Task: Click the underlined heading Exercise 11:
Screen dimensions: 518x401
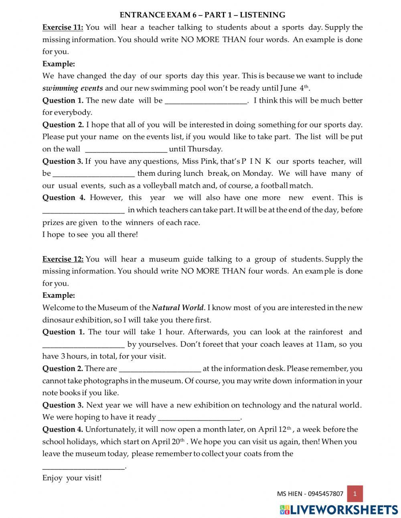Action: coord(63,27)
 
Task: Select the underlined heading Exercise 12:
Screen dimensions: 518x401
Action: coord(63,259)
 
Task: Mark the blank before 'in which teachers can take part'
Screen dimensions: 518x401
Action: coord(83,210)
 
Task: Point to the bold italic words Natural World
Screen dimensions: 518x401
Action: coord(178,308)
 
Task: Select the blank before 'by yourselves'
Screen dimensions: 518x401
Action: coord(83,345)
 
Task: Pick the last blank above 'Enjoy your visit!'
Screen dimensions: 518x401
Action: coord(83,467)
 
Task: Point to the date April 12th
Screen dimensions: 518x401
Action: coord(275,429)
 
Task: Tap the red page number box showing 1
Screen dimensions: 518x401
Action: coord(355,494)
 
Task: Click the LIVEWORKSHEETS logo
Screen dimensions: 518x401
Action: coord(339,509)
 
